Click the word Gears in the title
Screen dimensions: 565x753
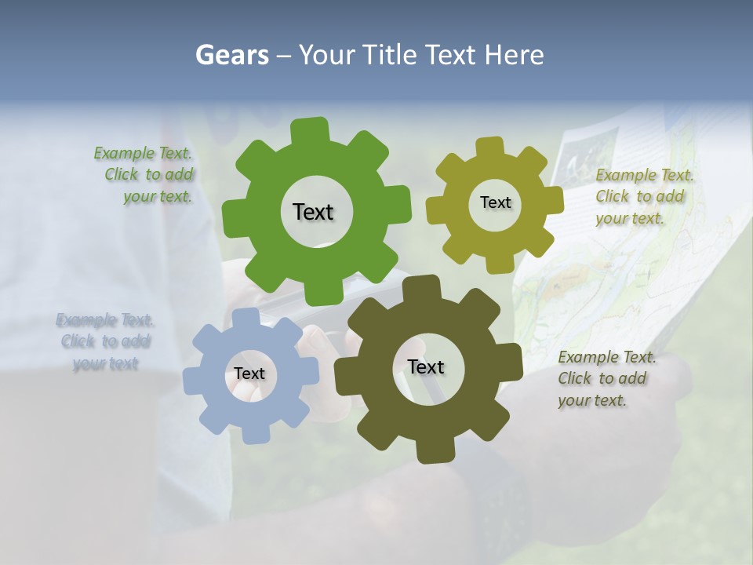pos(231,55)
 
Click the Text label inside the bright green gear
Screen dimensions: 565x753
pos(313,212)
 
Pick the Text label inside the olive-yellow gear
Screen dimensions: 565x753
pos(495,202)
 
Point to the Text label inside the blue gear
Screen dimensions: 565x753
pos(249,374)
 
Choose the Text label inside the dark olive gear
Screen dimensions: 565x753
pos(426,366)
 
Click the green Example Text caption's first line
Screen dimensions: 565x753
pos(143,154)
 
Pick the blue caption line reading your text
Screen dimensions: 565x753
pos(105,363)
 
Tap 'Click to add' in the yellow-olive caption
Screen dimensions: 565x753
pos(639,196)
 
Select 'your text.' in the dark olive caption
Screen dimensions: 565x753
pos(592,400)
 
